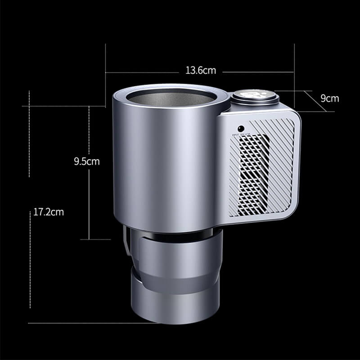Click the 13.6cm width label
click(201, 71)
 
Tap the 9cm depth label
click(329, 99)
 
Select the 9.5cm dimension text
click(86, 161)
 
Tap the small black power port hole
click(241, 127)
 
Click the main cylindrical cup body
click(166, 166)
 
